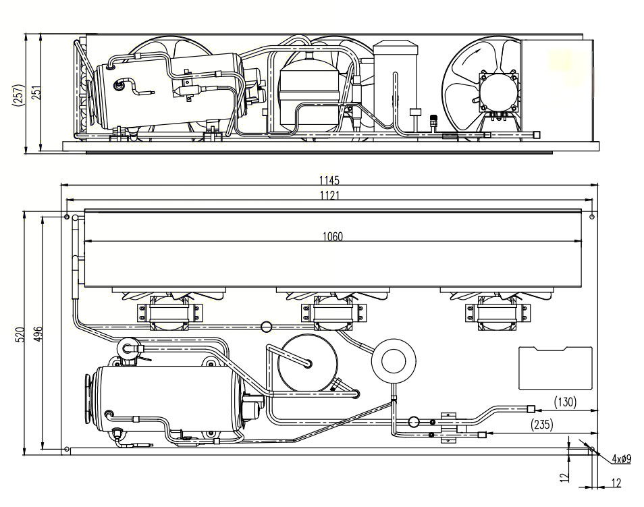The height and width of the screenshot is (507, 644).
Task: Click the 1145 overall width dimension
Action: point(329,180)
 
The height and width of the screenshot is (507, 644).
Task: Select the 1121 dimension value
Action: point(329,195)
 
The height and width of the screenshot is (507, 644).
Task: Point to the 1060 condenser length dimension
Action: point(332,236)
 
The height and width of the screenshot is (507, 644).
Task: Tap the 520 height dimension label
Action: point(20,333)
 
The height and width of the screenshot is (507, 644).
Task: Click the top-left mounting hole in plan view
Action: point(66,217)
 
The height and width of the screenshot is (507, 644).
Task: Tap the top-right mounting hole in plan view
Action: point(592,217)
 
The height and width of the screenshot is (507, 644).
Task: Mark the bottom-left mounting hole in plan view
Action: point(65,449)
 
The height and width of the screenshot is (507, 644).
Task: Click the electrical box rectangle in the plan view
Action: point(555,368)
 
